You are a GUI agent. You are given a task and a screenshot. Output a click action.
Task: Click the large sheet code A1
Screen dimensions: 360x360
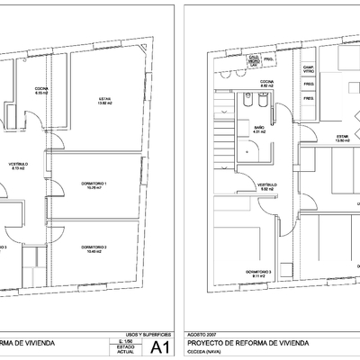161,346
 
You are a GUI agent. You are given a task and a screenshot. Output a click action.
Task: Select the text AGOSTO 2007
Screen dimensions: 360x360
200,334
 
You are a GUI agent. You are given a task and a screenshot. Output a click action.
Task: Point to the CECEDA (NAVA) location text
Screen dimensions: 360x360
203,352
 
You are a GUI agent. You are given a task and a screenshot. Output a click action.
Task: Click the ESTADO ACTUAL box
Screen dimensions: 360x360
126,349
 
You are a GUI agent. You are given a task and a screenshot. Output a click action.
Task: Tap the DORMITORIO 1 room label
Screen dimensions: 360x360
93,185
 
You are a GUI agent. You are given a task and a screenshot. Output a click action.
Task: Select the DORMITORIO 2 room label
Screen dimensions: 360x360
94,248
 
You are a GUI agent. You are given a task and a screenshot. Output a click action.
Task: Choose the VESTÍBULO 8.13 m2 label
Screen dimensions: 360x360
19,166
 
